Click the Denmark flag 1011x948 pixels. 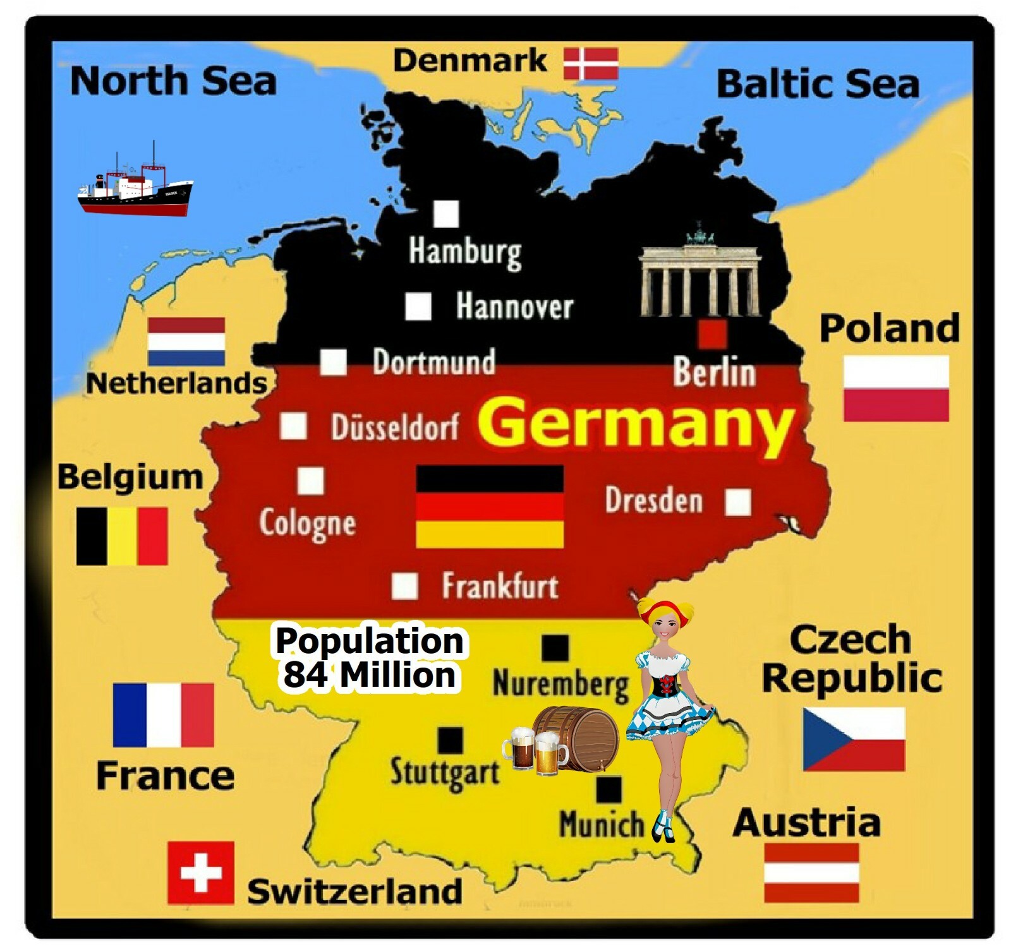click(590, 63)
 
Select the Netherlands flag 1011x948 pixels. click(186, 342)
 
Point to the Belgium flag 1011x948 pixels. click(122, 536)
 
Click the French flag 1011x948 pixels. click(163, 715)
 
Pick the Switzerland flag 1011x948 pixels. click(201, 873)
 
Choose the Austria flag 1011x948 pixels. click(811, 872)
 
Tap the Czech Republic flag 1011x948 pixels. click(854, 739)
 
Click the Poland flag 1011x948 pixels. click(896, 388)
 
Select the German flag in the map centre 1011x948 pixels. click(490, 507)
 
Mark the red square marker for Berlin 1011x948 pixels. click(712, 334)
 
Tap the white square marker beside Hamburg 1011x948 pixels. click(446, 214)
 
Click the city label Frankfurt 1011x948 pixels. click(500, 586)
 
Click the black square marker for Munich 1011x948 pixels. click(608, 789)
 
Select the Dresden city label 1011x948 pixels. click(654, 500)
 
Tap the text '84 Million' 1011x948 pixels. click(369, 675)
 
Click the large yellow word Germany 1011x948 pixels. click(635, 422)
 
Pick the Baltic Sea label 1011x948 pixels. click(818, 85)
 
